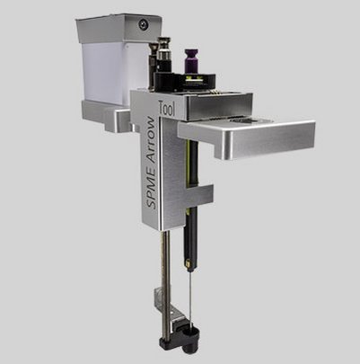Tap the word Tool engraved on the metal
pyautogui.click(x=167, y=108)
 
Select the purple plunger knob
pyautogui.click(x=190, y=61)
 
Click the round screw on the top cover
pyautogui.click(x=144, y=24)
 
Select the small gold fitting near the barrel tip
pyautogui.click(x=189, y=264)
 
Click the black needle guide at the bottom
pyautogui.click(x=180, y=338)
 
